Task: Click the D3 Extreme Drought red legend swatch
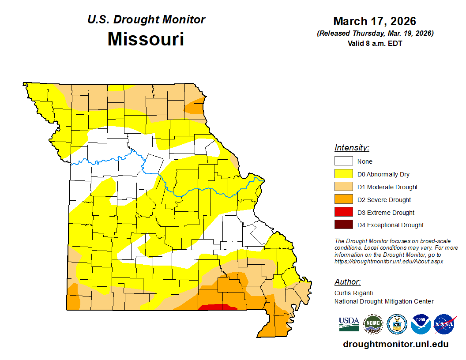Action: pos(343,212)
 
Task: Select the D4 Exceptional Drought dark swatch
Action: pos(343,225)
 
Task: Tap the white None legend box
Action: pos(343,161)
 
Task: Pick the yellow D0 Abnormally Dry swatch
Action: pos(343,174)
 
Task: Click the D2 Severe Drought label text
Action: pos(384,200)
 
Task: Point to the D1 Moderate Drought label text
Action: pos(387,187)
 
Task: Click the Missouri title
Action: pos(146,39)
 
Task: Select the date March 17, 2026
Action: pos(375,21)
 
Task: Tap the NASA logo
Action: pos(444,324)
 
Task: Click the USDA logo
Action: pos(349,324)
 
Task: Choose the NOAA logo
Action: pos(421,324)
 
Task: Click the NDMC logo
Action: pos(372,324)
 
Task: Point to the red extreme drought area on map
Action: pos(216,307)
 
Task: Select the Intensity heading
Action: pos(352,148)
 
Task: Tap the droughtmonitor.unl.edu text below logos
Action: pos(395,344)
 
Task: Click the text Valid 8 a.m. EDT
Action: pos(375,43)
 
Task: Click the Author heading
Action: pos(347,282)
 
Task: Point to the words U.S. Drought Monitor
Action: pos(146,20)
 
